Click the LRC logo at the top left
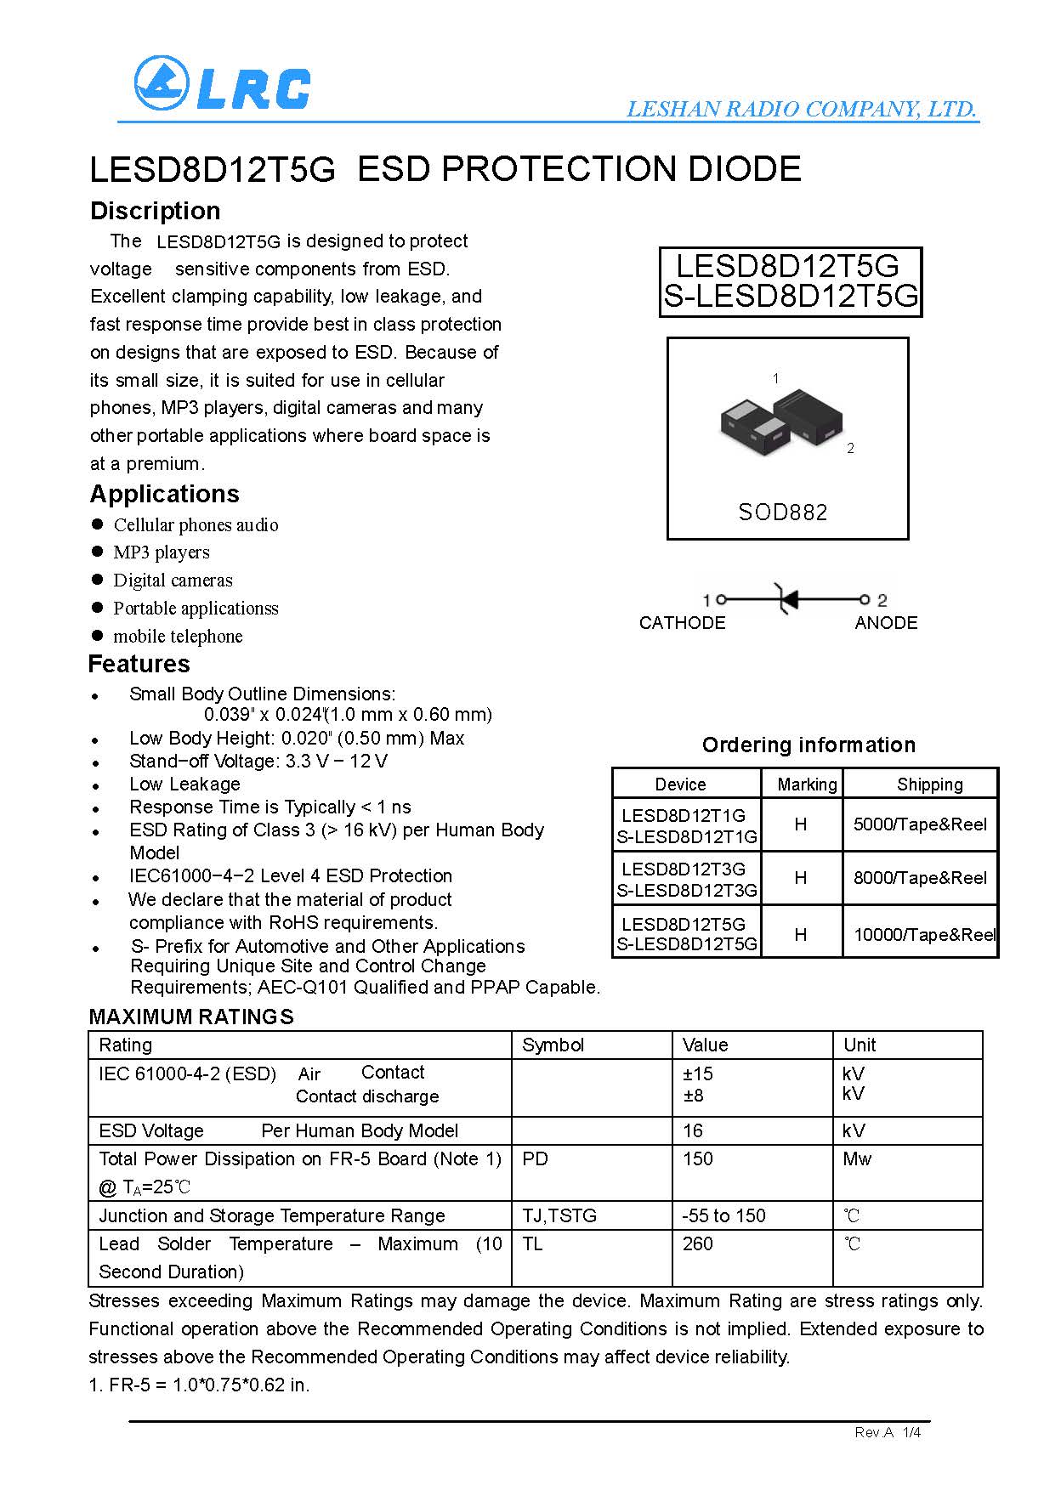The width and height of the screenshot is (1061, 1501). [x=222, y=84]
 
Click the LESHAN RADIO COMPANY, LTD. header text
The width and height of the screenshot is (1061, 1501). [x=801, y=109]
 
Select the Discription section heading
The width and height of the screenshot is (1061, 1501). [x=155, y=211]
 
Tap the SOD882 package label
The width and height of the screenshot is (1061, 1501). [x=782, y=513]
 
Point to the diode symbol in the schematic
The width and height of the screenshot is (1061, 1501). [x=787, y=599]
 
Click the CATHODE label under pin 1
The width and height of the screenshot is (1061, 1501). [x=682, y=623]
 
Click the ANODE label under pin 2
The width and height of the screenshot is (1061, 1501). [x=886, y=623]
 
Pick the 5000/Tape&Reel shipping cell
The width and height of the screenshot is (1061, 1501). [x=920, y=824]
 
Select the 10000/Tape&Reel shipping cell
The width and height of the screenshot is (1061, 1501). [x=923, y=935]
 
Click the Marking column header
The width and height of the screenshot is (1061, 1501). [x=807, y=784]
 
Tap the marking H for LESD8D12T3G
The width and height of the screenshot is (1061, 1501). [x=800, y=878]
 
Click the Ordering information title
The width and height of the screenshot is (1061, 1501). [x=809, y=745]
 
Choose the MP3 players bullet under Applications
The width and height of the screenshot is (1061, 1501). [x=162, y=552]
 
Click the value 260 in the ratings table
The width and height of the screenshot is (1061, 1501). [x=697, y=1244]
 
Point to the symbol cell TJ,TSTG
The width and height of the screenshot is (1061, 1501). [x=559, y=1216]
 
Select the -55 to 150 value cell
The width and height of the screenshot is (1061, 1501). [x=723, y=1216]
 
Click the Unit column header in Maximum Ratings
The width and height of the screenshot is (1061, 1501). [x=860, y=1045]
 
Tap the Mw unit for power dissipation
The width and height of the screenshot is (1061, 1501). [x=857, y=1159]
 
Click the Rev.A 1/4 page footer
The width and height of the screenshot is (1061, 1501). [x=888, y=1433]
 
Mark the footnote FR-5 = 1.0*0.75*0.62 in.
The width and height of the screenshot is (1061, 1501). [x=200, y=1385]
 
